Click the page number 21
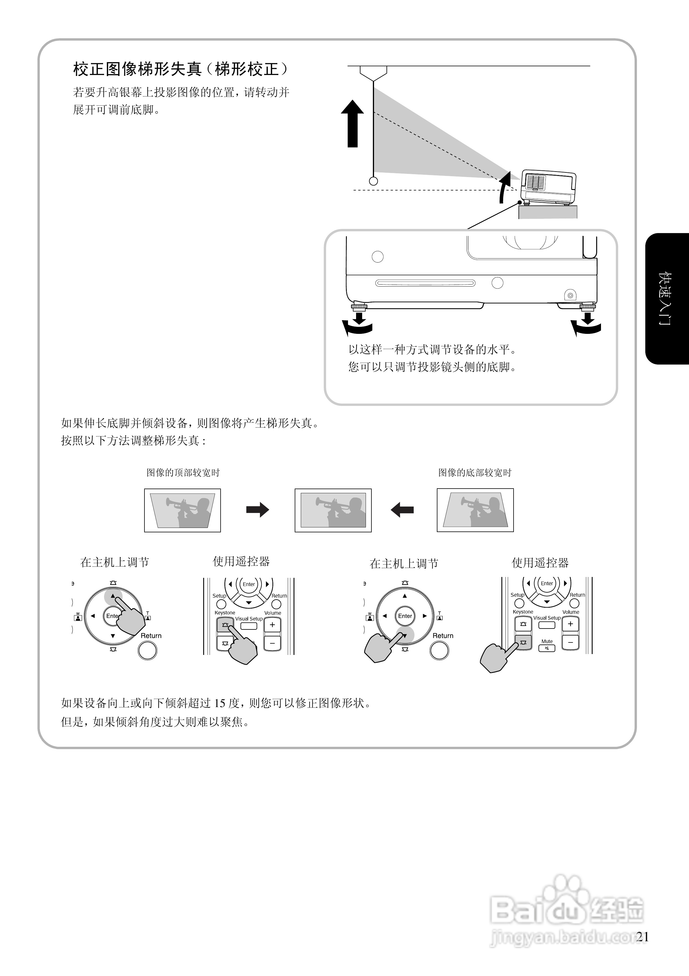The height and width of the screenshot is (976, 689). tap(642, 937)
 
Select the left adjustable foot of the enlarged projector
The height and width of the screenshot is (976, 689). tap(359, 307)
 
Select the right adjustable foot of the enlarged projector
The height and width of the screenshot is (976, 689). tap(587, 307)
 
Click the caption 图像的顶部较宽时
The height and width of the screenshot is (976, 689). tap(183, 473)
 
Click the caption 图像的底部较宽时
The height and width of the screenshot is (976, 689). tap(475, 473)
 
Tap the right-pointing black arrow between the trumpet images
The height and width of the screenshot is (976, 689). tap(257, 510)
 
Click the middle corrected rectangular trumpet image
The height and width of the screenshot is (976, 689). tap(333, 510)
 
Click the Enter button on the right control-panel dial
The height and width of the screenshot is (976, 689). tap(405, 616)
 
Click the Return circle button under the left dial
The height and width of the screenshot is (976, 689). tap(147, 650)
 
